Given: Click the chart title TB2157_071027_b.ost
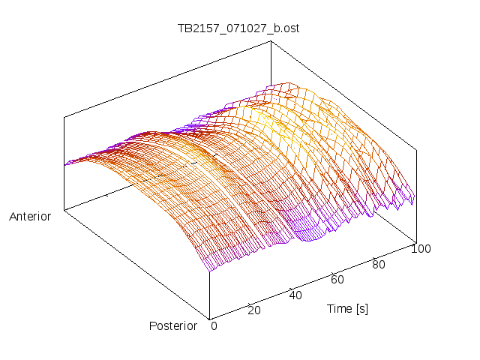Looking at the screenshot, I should click(x=240, y=28).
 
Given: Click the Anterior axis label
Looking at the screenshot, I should click(x=30, y=217).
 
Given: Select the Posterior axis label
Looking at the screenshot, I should click(x=172, y=326).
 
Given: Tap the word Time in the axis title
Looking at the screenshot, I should click(x=340, y=309).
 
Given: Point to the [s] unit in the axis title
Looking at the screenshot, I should click(x=361, y=309).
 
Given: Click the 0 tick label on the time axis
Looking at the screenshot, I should click(x=214, y=326).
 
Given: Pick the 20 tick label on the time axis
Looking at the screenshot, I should click(x=254, y=310).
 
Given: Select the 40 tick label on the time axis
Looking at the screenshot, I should click(x=295, y=295).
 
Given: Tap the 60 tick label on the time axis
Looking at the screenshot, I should click(x=337, y=280).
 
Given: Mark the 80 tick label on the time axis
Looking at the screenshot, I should click(x=379, y=265).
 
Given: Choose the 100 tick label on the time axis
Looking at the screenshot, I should click(x=421, y=249).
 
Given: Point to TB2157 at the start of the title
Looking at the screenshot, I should click(x=196, y=28).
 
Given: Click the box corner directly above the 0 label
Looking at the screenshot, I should click(x=209, y=317).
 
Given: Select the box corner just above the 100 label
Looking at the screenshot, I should click(x=415, y=241).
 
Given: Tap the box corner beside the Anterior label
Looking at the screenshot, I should click(x=64, y=211).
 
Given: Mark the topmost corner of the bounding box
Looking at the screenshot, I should click(x=269, y=41).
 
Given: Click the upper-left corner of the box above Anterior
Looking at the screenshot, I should click(x=64, y=117).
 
